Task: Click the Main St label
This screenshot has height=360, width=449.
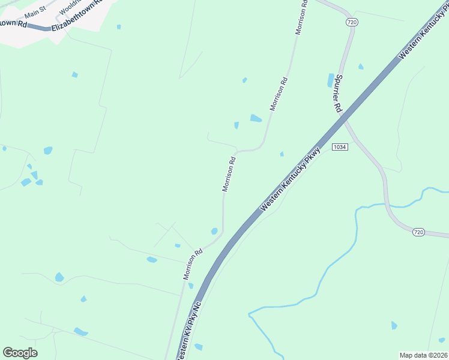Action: (35, 11)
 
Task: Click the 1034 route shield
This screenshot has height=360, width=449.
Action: (339, 147)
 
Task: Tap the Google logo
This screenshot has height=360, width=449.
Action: (20, 353)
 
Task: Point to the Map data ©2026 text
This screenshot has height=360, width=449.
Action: (423, 355)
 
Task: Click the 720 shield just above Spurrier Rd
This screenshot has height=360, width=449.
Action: (352, 22)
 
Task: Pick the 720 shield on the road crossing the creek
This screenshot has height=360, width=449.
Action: (418, 232)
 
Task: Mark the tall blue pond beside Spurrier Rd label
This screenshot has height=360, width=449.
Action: (330, 80)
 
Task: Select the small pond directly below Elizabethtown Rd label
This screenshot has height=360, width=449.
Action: (119, 27)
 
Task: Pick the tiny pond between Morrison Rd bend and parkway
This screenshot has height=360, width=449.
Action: (282, 154)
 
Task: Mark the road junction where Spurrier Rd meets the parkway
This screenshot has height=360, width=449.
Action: (345, 119)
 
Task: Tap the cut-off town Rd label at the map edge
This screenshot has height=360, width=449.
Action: (13, 23)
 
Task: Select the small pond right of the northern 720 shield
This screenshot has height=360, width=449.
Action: (361, 67)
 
